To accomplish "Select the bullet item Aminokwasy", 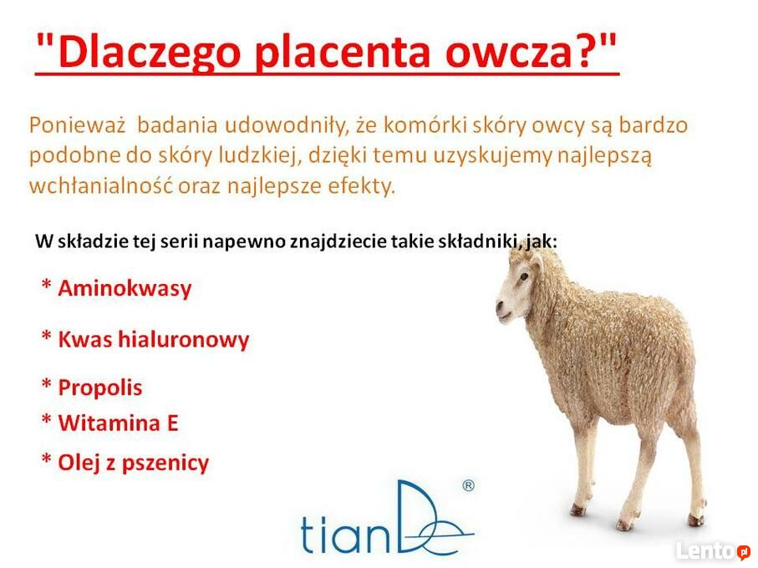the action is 125,289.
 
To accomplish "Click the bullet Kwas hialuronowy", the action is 153,339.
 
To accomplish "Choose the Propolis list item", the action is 100,388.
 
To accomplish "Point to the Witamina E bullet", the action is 118,423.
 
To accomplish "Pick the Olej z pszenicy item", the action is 134,463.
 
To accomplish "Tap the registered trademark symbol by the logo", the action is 469,485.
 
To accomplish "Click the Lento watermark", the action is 713,551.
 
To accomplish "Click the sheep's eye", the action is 524,276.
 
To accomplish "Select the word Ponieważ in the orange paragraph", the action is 78,125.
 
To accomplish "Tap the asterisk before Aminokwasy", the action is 47,285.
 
